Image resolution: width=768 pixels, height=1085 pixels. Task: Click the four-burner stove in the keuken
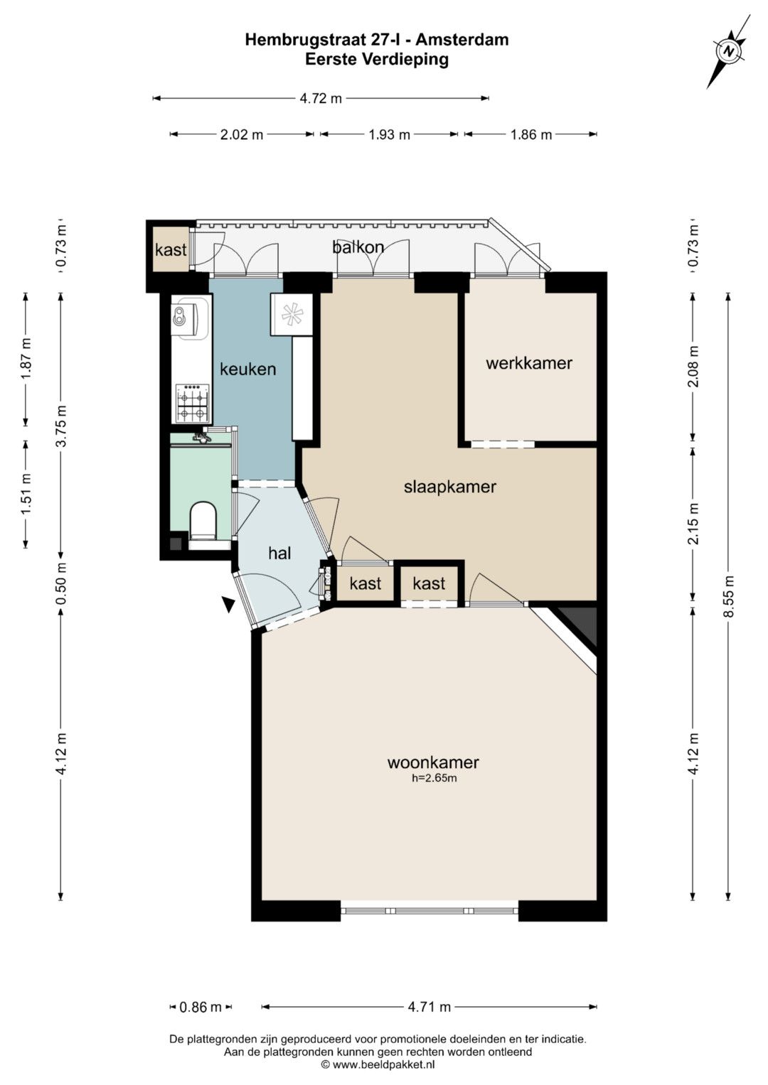(193, 403)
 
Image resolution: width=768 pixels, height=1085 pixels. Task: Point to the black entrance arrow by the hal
(228, 605)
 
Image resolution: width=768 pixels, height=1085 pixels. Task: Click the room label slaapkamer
(450, 487)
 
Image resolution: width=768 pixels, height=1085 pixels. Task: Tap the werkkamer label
(529, 363)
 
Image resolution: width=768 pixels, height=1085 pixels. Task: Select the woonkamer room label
(433, 762)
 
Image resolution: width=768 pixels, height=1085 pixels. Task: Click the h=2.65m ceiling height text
(434, 778)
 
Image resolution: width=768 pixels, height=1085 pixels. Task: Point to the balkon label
(358, 247)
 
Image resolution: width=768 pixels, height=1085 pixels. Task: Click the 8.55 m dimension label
(729, 595)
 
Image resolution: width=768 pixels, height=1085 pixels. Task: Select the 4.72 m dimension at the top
(321, 99)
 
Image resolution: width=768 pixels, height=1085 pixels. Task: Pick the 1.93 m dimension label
(390, 135)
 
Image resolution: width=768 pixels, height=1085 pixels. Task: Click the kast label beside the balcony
(171, 250)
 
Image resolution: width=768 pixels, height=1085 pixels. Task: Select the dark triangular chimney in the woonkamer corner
(580, 625)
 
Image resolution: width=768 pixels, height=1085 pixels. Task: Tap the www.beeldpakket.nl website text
(383, 1064)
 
